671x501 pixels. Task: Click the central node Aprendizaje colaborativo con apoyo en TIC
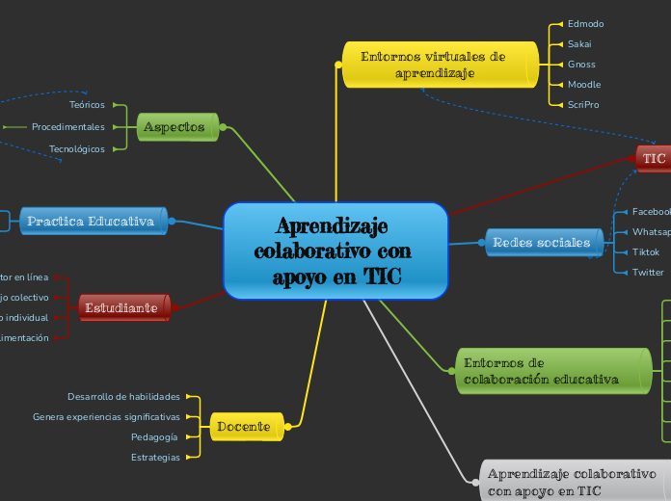click(335, 250)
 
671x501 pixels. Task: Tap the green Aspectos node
click(174, 126)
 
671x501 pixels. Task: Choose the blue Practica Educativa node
click(92, 221)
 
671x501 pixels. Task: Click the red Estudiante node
click(121, 307)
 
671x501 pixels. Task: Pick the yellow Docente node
click(244, 426)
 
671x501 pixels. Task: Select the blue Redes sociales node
click(541, 242)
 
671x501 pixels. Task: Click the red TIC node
click(654, 158)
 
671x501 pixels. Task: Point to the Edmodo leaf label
click(585, 23)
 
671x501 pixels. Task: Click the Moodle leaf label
click(584, 84)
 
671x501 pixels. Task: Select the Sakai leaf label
click(579, 43)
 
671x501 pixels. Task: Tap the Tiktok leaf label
click(646, 251)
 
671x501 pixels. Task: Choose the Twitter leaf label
click(648, 272)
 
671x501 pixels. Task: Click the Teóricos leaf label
click(88, 104)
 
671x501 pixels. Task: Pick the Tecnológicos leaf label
click(77, 148)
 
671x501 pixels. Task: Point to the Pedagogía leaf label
click(155, 436)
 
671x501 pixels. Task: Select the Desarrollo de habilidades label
click(123, 396)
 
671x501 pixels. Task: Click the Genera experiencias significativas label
click(106, 416)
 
